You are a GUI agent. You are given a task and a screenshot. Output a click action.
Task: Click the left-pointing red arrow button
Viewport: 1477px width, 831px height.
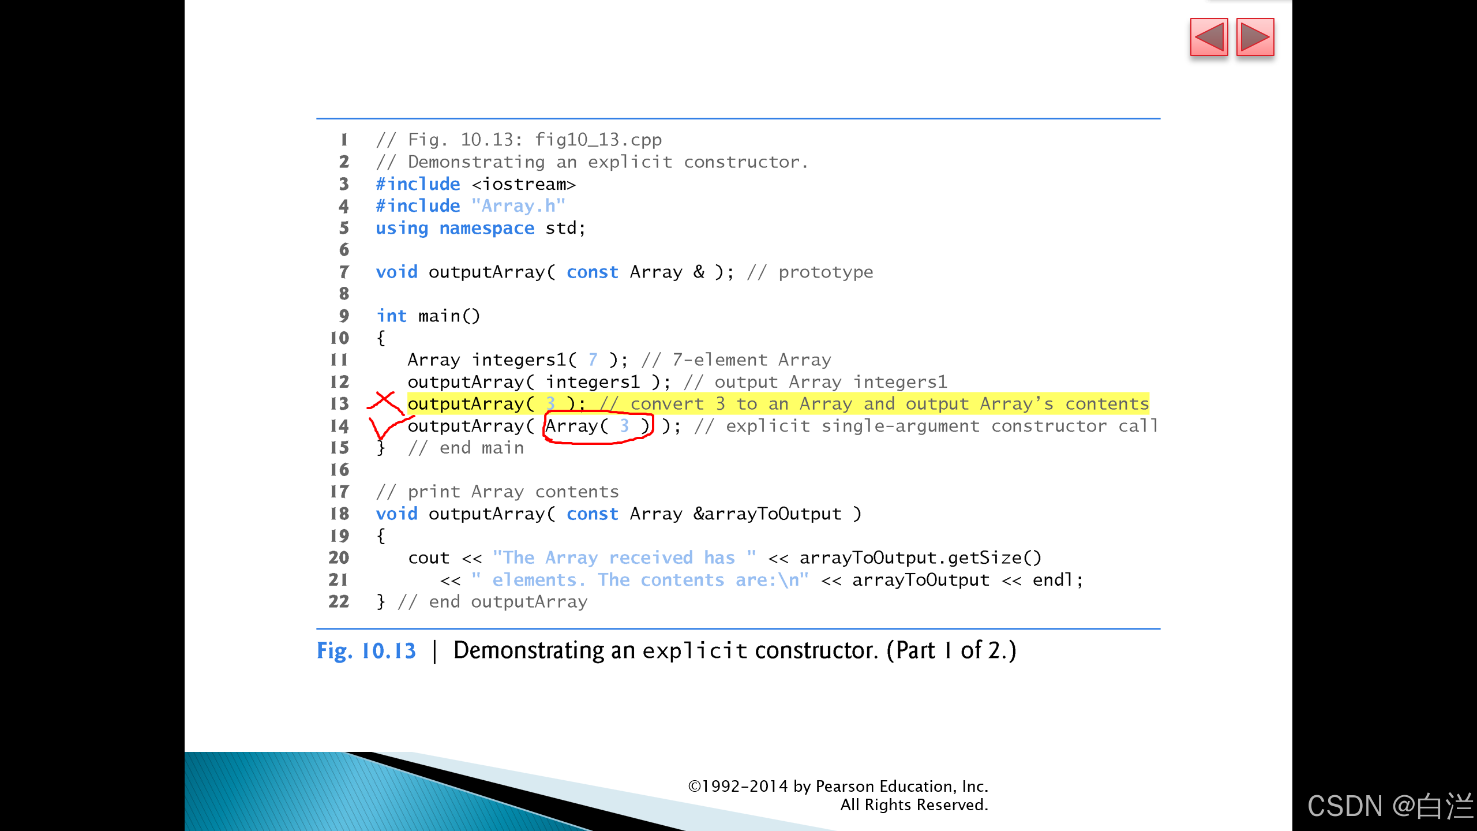1209,38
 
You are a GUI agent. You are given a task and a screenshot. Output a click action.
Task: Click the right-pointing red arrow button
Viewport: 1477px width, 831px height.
1255,38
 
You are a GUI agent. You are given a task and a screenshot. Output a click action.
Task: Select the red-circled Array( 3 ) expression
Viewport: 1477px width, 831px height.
598,426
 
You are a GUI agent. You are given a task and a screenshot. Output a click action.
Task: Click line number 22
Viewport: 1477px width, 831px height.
339,601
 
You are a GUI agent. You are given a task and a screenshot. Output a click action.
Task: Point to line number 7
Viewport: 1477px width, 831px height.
344,272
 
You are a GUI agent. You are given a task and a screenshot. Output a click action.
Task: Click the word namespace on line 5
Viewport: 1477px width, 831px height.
486,228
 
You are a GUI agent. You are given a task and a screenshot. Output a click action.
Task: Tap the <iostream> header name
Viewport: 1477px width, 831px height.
523,184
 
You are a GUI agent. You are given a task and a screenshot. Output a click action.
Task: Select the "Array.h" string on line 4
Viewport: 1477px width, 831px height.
518,206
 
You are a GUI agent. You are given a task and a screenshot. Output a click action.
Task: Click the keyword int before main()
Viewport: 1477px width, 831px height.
391,316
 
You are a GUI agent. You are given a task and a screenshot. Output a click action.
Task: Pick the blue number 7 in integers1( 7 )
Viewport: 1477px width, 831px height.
593,360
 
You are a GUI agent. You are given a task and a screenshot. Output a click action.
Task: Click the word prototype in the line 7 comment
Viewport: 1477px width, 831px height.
825,272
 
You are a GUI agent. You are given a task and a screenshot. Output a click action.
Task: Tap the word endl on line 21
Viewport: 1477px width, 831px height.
1052,579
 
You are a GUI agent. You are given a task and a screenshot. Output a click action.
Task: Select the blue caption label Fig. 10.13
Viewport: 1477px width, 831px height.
366,651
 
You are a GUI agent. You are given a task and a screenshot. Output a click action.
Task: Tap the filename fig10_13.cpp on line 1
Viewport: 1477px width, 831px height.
598,140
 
